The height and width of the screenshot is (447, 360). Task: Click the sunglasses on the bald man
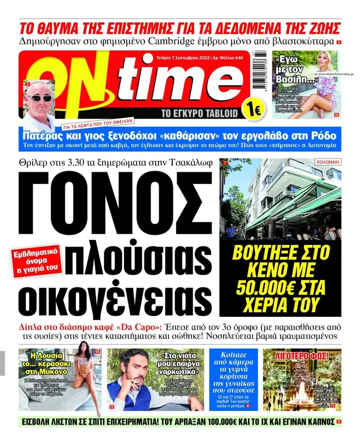click(40, 97)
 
